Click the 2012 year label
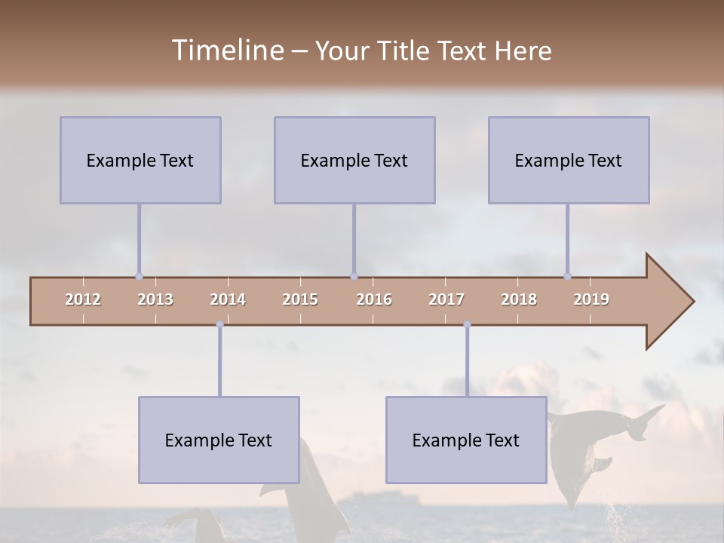pos(83,299)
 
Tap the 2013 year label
pos(155,299)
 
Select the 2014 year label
pos(228,299)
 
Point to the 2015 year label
pos(300,299)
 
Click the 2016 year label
pos(374,299)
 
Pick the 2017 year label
pos(446,299)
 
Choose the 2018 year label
pos(519,299)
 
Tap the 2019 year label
pos(591,299)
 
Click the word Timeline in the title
pos(226,51)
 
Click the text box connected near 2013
pos(140,160)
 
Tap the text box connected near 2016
pos(354,160)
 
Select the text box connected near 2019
pos(569,160)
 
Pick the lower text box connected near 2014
pos(219,440)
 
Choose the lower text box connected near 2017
pos(466,440)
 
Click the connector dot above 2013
pos(139,276)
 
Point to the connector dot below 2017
pos(467,324)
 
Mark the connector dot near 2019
pos(567,276)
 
